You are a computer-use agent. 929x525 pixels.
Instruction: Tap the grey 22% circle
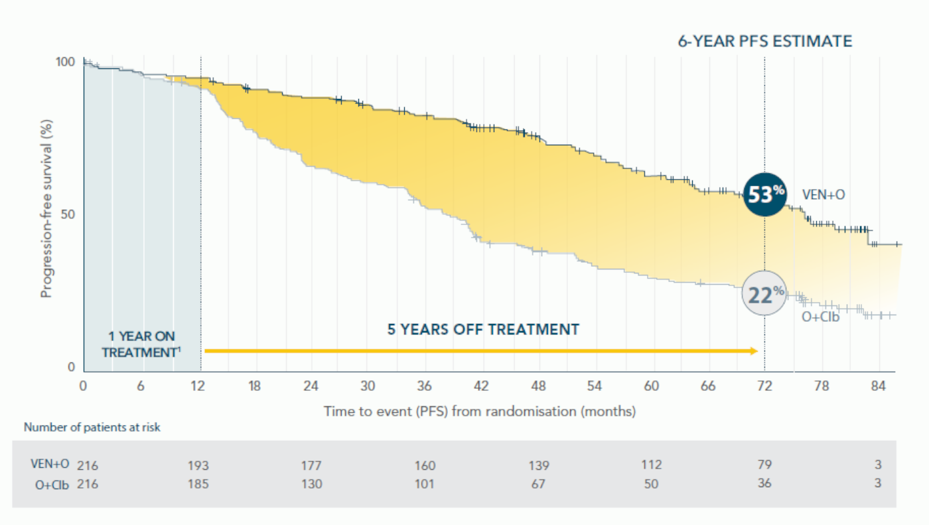pos(764,294)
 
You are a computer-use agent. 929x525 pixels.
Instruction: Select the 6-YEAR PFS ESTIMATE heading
pos(764,41)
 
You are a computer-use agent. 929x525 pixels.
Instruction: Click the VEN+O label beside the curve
pos(823,194)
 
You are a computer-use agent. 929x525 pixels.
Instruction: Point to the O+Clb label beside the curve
pos(820,317)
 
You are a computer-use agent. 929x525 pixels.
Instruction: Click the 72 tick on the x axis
pos(764,386)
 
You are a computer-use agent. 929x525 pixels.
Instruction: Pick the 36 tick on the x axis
pos(425,386)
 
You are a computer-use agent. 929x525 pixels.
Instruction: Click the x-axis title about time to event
pos(479,412)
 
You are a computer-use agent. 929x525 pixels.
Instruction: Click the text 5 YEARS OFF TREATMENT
pos(483,329)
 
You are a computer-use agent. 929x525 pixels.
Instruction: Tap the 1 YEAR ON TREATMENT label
pos(141,344)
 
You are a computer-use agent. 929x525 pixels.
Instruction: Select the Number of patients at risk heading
pos(92,427)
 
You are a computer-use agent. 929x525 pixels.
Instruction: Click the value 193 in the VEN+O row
pos(198,465)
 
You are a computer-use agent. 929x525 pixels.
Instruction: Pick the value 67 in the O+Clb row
pos(538,484)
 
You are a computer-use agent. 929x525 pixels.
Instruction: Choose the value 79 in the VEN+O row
pos(764,465)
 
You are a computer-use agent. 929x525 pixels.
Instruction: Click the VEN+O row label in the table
pos(50,465)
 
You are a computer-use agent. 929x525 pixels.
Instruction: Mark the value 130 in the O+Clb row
pos(311,484)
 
